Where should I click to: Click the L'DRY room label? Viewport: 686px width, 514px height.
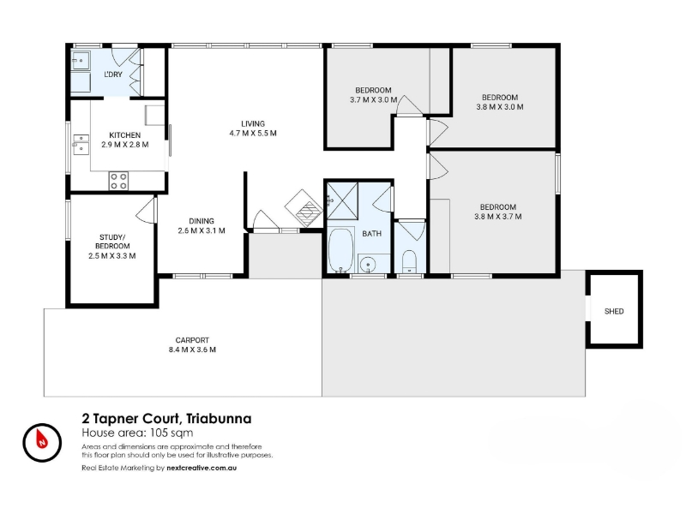click(113, 75)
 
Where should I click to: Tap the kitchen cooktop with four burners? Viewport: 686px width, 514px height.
click(118, 181)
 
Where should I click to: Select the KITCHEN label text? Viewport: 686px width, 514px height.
click(124, 135)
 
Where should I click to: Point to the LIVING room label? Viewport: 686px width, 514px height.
click(253, 123)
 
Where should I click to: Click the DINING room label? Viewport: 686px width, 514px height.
click(202, 221)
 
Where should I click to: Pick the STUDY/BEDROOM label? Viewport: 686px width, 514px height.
click(112, 242)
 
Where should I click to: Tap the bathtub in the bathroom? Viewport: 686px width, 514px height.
click(340, 249)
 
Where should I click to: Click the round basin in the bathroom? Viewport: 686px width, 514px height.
click(369, 265)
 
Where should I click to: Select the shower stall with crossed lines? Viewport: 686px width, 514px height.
click(342, 201)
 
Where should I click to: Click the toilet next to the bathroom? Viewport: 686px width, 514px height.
click(409, 261)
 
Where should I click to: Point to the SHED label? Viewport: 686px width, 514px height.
click(614, 311)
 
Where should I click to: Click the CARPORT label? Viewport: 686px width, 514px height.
click(192, 340)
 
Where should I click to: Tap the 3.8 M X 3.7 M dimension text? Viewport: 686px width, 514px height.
click(498, 217)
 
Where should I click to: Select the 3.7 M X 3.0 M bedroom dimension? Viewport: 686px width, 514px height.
click(373, 99)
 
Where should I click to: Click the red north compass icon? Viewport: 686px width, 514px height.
click(42, 443)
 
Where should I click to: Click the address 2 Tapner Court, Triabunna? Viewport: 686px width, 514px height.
click(166, 419)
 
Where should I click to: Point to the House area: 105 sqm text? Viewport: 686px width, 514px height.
click(137, 433)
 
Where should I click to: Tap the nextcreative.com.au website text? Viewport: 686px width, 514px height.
click(202, 468)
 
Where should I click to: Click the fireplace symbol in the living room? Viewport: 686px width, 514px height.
click(304, 208)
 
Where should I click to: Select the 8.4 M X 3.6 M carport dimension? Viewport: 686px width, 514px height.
click(192, 350)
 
